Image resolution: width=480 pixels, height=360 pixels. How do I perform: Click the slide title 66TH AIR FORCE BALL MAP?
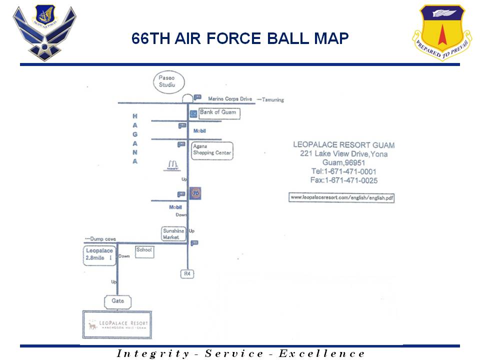point(240,38)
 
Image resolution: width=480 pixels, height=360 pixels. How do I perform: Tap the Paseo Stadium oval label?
point(168,81)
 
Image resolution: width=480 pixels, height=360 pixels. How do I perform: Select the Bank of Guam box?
point(218,113)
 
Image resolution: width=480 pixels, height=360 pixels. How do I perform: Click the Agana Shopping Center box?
point(211,149)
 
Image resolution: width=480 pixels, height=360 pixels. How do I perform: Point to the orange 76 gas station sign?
point(195,192)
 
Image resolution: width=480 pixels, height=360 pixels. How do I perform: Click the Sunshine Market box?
point(173,233)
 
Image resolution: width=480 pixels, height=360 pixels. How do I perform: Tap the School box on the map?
point(144,252)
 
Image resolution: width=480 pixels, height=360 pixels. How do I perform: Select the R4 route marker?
point(187,274)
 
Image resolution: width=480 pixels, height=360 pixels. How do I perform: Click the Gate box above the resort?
point(118,301)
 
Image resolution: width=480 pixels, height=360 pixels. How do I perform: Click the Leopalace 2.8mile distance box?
point(99,255)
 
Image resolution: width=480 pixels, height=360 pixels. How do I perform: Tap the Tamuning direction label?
point(270,100)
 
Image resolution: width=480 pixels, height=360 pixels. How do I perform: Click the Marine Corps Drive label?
point(230,99)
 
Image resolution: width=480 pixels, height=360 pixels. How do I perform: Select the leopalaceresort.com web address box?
point(342,197)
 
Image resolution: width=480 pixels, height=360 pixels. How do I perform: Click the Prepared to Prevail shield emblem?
point(441,31)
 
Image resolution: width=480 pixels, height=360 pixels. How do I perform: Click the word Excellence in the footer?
point(321,353)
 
